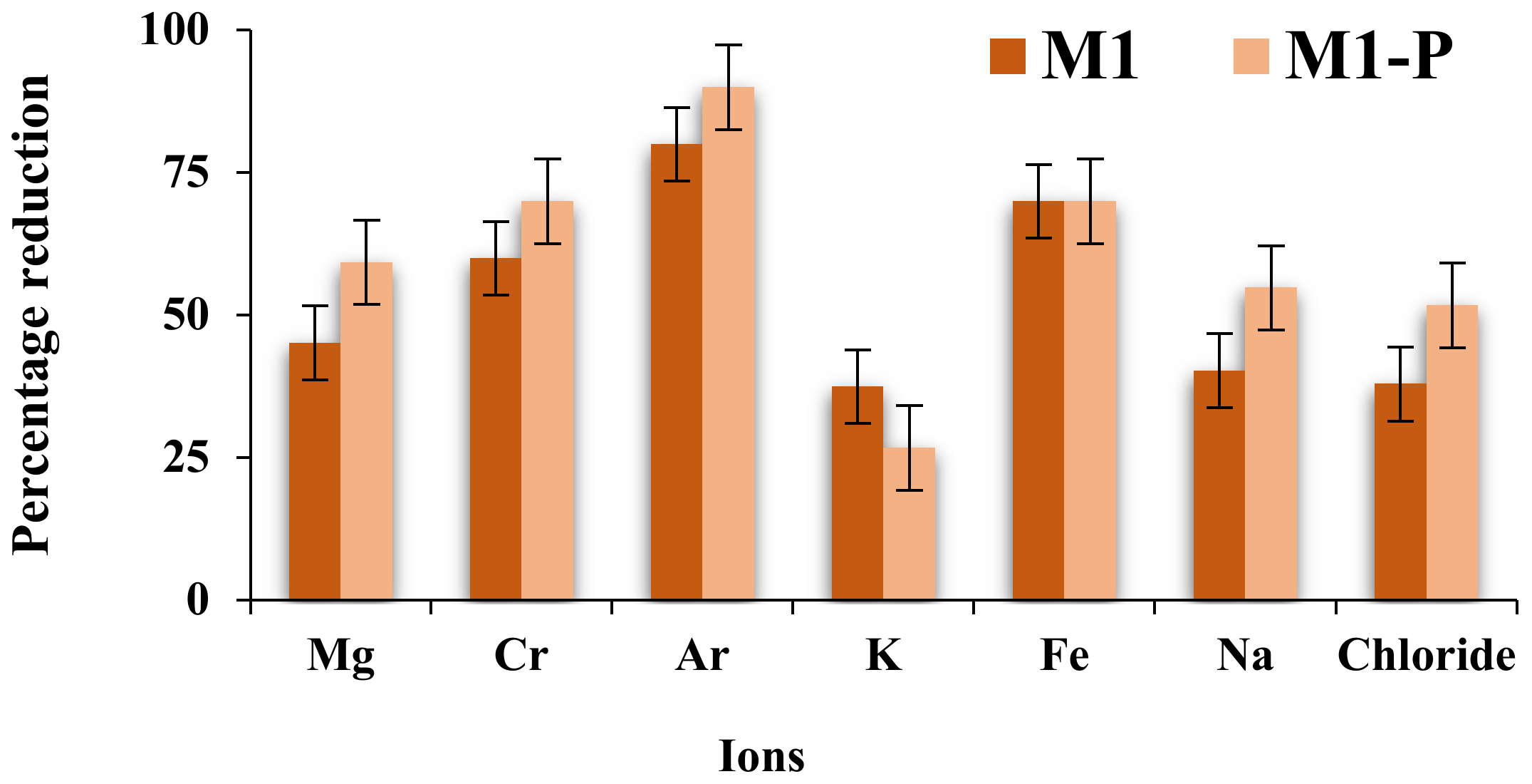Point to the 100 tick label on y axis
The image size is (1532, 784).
[x=174, y=30]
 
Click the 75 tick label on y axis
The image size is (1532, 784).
[x=187, y=172]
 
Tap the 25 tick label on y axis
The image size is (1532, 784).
[x=187, y=458]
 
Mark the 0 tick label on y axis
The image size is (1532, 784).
[x=197, y=600]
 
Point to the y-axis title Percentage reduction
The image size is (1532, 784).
[x=32, y=314]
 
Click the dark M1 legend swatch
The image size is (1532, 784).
[x=1007, y=56]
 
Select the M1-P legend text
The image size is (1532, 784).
[x=1367, y=56]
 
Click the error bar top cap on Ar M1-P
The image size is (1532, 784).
[x=729, y=46]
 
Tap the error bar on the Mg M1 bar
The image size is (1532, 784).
[x=315, y=343]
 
